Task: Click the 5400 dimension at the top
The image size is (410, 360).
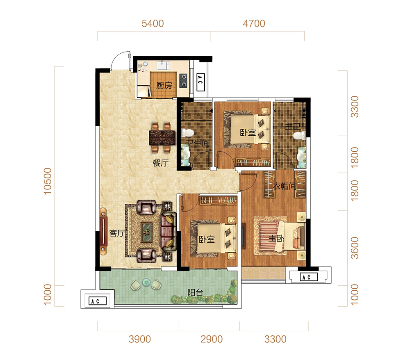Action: pyautogui.click(x=153, y=23)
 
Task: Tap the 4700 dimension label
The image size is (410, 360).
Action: pyautogui.click(x=254, y=23)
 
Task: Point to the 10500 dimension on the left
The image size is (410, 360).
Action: pyautogui.click(x=48, y=181)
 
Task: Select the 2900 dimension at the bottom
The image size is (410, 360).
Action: pyautogui.click(x=212, y=339)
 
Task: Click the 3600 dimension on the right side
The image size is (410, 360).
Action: pyautogui.click(x=355, y=248)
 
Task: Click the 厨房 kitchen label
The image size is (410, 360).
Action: pyautogui.click(x=164, y=86)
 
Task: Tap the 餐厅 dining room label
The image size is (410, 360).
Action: pyautogui.click(x=161, y=163)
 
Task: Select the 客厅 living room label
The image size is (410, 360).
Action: pyautogui.click(x=117, y=233)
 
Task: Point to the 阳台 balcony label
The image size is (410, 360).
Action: pyautogui.click(x=195, y=292)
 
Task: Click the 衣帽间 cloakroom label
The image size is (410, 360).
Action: pyautogui.click(x=285, y=186)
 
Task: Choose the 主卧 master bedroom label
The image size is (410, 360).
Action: pyautogui.click(x=276, y=239)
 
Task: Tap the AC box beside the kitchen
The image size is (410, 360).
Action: pyautogui.click(x=200, y=82)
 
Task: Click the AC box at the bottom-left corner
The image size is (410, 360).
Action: pyautogui.click(x=98, y=301)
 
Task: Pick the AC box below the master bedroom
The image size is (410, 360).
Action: pyautogui.click(x=309, y=277)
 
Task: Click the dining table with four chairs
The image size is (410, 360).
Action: pyautogui.click(x=162, y=137)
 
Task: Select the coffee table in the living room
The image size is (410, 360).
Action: pyautogui.click(x=147, y=232)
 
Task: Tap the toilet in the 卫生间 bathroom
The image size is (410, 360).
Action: pyautogui.click(x=187, y=133)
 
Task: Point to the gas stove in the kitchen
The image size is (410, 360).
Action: pyautogui.click(x=183, y=80)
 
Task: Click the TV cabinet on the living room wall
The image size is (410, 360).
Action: pyautogui.click(x=104, y=231)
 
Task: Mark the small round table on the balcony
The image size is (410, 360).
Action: pyautogui.click(x=146, y=282)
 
